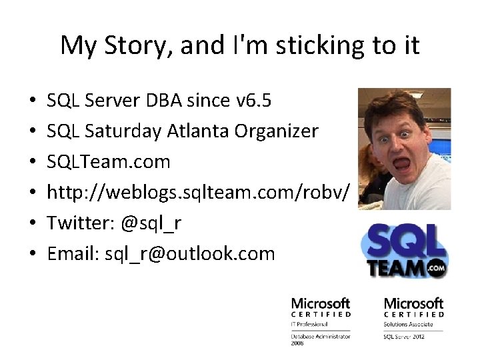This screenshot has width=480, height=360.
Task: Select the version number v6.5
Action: click(254, 101)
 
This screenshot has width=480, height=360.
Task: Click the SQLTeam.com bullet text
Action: click(109, 161)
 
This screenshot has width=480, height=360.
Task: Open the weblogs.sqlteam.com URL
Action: click(198, 192)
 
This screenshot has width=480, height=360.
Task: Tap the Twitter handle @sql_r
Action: click(151, 223)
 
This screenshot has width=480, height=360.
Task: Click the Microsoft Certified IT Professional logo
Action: click(321, 319)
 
